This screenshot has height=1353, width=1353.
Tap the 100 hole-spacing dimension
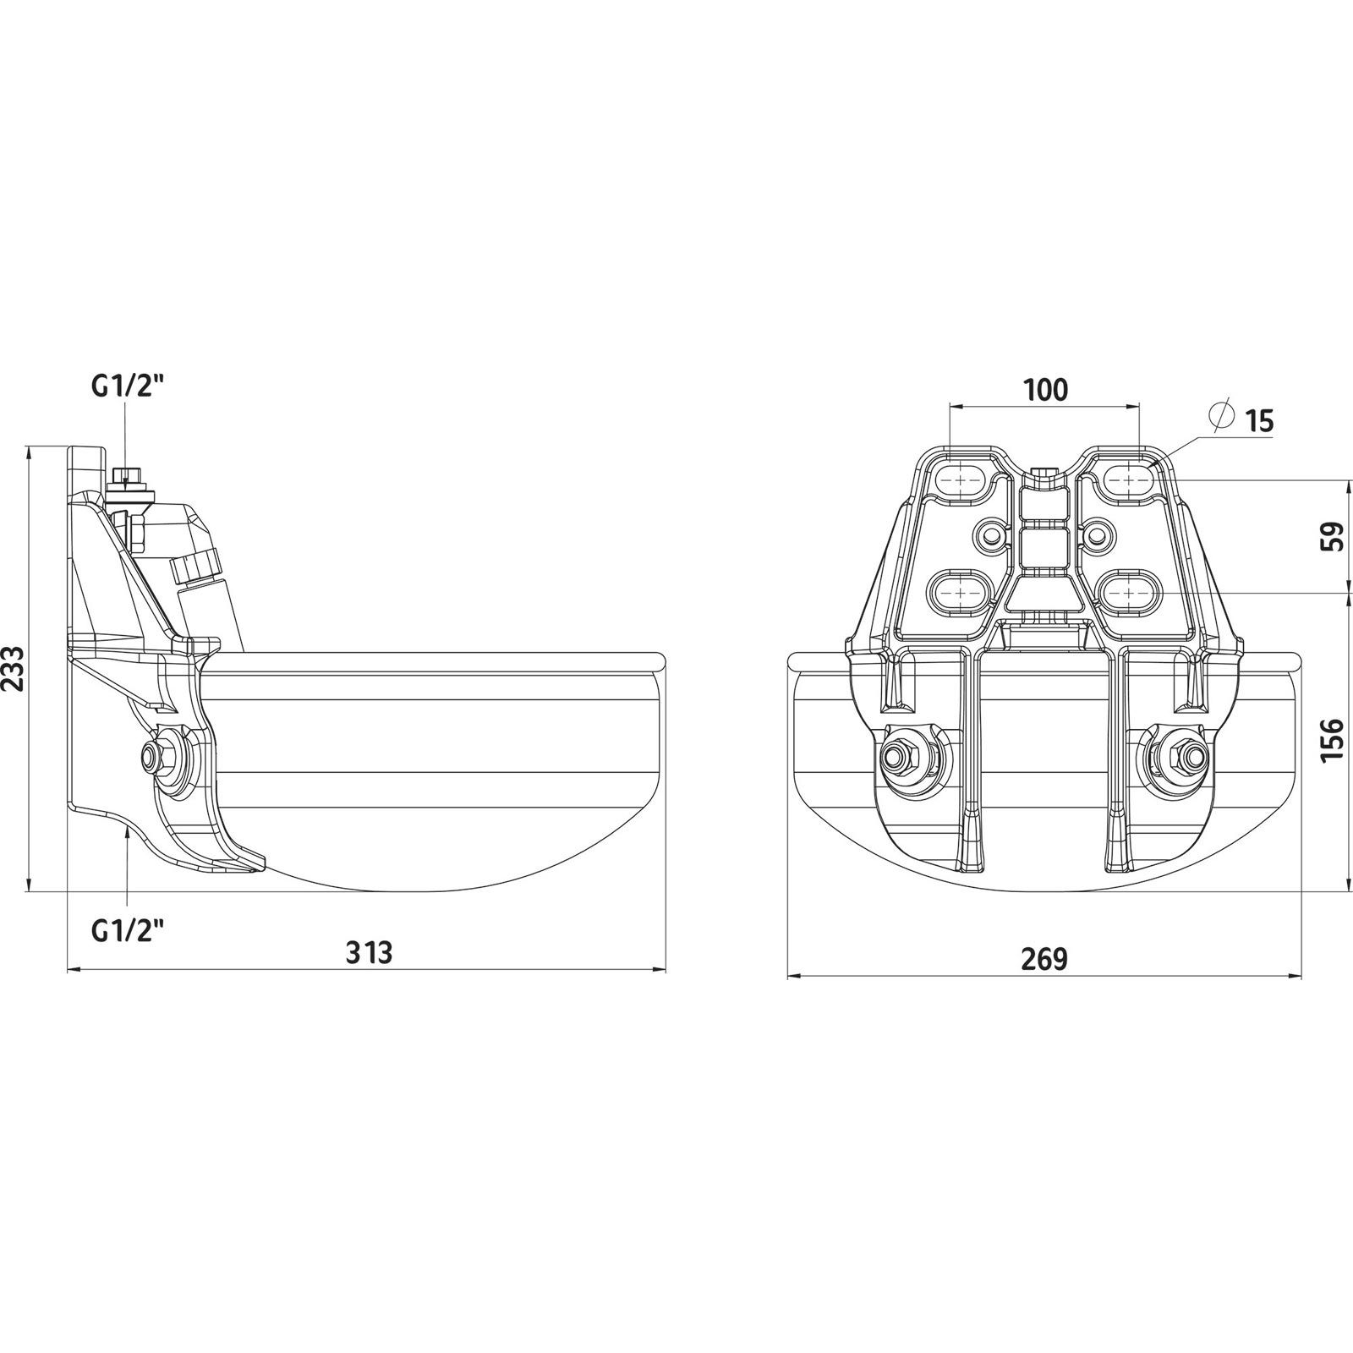(x=1045, y=390)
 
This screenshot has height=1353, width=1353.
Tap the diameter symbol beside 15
(x=1222, y=416)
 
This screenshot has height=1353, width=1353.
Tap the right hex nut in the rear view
(x=1183, y=754)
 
